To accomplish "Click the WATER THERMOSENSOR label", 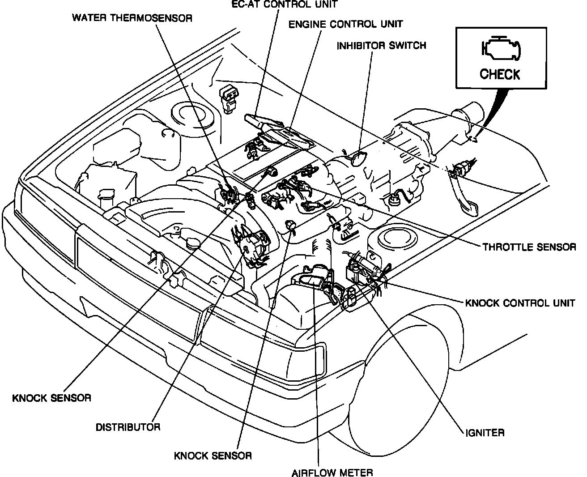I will (132, 18).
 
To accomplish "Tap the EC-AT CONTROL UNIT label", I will (284, 4).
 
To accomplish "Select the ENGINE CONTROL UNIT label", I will (345, 24).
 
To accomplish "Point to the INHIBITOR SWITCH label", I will (381, 46).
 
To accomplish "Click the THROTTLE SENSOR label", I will (529, 247).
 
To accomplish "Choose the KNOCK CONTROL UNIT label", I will (520, 303).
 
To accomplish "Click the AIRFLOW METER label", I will (332, 472).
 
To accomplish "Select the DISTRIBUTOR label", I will (128, 426).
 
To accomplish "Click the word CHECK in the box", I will (500, 74).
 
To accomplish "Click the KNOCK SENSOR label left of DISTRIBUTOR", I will (52, 398).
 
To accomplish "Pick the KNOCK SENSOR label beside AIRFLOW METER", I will (213, 456).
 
